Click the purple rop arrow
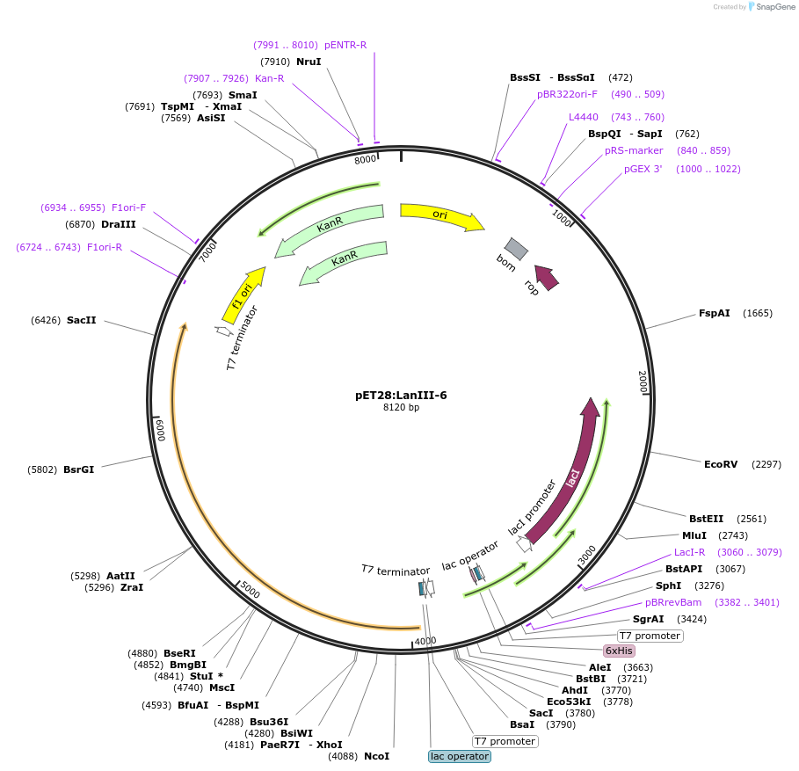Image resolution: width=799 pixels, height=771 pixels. pos(546,278)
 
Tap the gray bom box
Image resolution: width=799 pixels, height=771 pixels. pos(516,249)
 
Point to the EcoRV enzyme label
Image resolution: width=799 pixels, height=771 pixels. pos(721,463)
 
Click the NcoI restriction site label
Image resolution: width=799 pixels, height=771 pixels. pos(376,756)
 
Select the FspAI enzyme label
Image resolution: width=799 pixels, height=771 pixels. pos(714,313)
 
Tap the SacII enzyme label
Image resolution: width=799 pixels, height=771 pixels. pos(81,320)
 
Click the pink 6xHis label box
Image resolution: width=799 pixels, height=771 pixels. pos(619,651)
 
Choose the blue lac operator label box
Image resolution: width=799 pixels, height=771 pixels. pos(460,756)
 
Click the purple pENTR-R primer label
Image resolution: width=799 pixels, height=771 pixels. pos(345,45)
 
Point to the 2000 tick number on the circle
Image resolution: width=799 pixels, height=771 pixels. pos(643,381)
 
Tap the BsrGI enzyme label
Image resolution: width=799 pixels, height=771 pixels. pos(78,469)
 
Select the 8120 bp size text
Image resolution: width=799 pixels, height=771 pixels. pos(401,407)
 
